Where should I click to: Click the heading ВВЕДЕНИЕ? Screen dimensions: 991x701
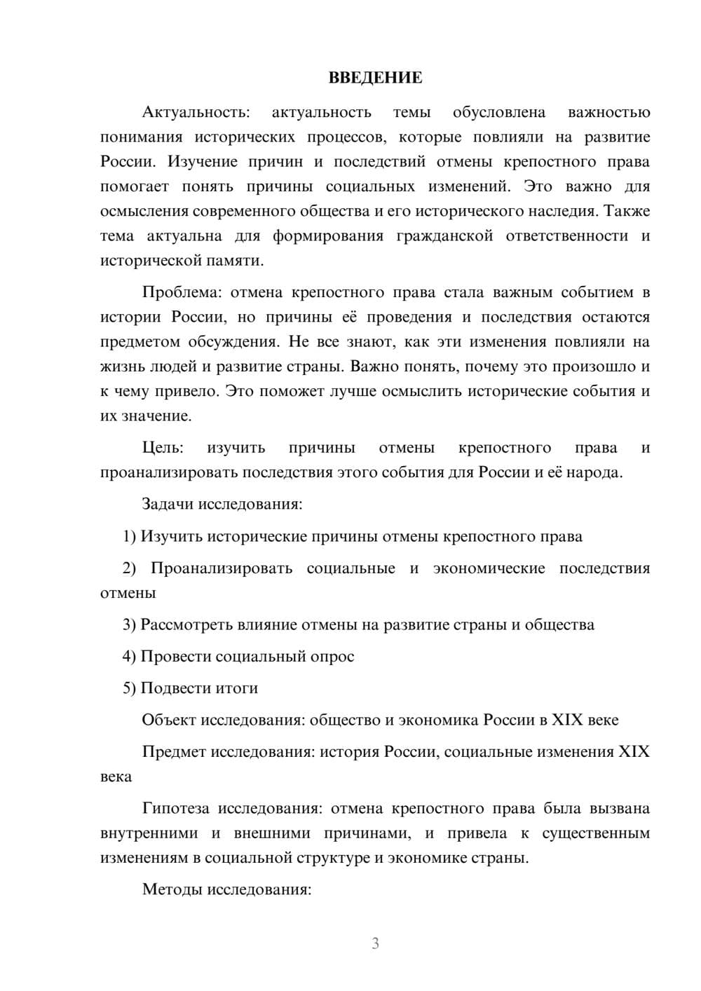pos(375,78)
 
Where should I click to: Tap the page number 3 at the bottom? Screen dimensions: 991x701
pos(375,943)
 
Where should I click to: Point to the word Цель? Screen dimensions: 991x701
pos(163,448)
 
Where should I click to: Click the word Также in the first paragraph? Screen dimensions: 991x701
pos(627,211)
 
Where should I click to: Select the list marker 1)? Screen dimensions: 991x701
pos(130,537)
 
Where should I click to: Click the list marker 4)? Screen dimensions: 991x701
pos(130,657)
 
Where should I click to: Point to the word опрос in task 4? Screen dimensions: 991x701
pos(334,657)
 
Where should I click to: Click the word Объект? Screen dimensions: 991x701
pos(169,720)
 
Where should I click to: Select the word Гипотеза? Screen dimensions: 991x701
pos(175,809)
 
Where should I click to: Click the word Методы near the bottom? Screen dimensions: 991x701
pos(172,890)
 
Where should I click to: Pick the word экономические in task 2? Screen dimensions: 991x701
pos(489,568)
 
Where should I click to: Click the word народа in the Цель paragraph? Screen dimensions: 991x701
pos(597,472)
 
